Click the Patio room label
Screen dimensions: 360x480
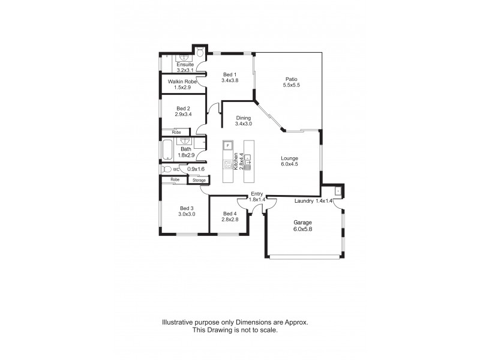tap(291, 79)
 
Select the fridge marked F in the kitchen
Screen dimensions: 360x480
tap(227, 146)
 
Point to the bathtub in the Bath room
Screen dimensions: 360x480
tap(166, 150)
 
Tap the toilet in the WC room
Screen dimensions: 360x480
tap(166, 169)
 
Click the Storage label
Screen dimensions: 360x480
tap(199, 180)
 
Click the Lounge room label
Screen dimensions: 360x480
tap(290, 158)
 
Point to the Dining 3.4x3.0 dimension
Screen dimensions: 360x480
tap(244, 124)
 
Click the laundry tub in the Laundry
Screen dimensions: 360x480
tap(338, 191)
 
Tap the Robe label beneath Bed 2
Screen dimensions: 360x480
tap(176, 132)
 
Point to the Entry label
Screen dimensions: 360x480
tap(257, 193)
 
